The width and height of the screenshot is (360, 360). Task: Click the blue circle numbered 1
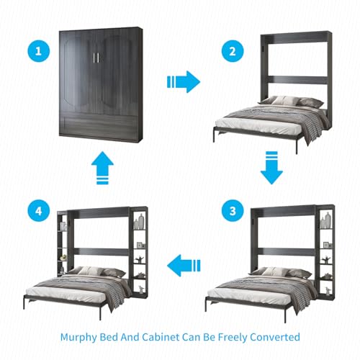tap(38, 51)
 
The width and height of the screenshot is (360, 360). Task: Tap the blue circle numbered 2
tap(233, 51)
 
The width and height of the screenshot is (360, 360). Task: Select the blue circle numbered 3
tap(233, 211)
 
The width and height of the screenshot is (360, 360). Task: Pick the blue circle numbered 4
tap(38, 211)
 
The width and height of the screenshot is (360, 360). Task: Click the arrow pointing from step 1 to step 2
tap(184, 82)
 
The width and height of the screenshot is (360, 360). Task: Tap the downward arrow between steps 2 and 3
tap(271, 168)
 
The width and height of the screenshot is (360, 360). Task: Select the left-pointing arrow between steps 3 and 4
tap(184, 266)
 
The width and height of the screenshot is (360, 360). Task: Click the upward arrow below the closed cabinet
tap(102, 168)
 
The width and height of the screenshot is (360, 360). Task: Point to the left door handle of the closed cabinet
tap(94, 58)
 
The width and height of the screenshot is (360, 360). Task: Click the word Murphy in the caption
tap(78, 337)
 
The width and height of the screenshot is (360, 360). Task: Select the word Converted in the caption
tap(275, 337)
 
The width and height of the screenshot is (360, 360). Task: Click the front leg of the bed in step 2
tap(297, 145)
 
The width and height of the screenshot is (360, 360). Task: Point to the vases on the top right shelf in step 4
tap(139, 222)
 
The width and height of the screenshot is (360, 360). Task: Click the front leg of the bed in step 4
tap(100, 311)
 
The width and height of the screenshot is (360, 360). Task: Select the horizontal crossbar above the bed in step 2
tap(297, 80)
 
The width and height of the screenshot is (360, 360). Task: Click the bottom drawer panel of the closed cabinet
tap(99, 127)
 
